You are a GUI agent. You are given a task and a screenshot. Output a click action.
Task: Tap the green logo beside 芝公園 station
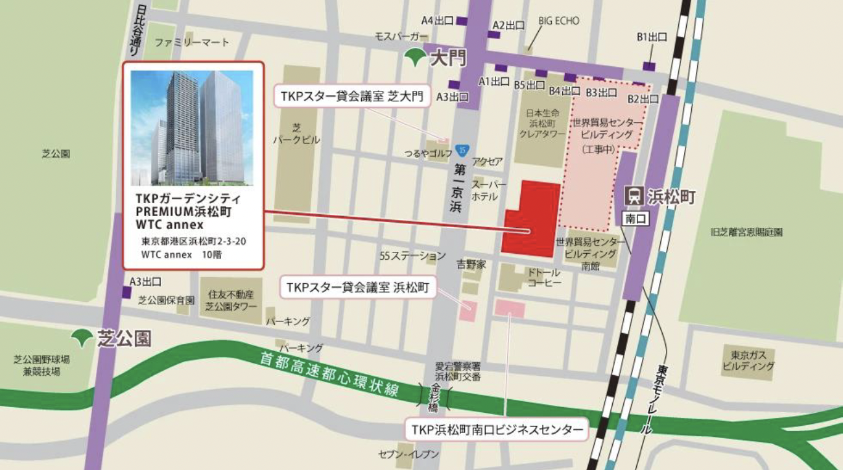click(82, 338)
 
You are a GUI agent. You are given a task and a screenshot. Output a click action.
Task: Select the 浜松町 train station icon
click(634, 195)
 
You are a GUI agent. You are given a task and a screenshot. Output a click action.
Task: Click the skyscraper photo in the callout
click(192, 128)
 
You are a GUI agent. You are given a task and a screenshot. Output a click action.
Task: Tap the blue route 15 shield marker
click(461, 150)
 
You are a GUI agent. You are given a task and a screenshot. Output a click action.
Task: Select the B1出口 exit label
click(652, 38)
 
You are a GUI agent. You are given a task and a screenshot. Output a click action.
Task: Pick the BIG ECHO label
click(558, 21)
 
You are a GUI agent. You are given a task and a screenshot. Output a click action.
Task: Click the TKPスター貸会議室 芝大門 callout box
click(352, 97)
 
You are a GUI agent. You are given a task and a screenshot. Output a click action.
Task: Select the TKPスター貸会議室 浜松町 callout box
click(357, 287)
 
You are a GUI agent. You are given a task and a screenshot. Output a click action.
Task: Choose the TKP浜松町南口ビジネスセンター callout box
click(496, 429)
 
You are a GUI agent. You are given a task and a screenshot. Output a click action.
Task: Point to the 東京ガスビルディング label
click(752, 360)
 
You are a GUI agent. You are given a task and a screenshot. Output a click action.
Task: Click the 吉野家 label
click(471, 264)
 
